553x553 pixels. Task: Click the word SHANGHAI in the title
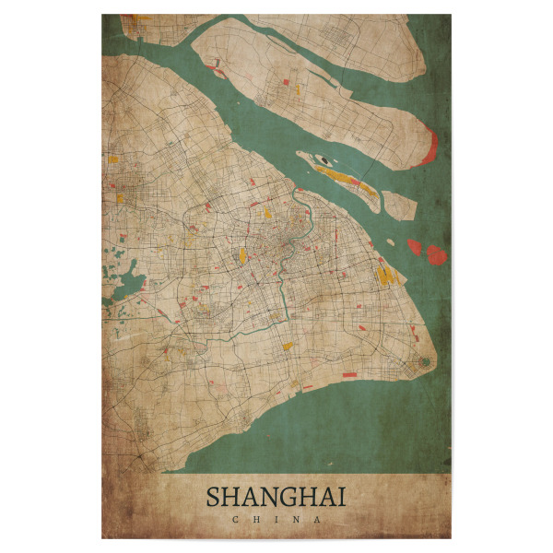(276, 498)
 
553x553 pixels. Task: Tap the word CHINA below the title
(276, 520)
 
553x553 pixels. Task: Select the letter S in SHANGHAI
(214, 498)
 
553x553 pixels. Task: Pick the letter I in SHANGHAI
(342, 498)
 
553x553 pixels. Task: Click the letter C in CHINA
(236, 520)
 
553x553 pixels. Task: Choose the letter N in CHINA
(297, 520)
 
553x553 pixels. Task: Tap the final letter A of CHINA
(318, 520)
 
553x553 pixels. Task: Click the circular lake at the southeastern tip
(424, 362)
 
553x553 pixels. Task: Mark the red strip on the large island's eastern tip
(429, 147)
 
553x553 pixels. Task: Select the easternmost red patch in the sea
(437, 254)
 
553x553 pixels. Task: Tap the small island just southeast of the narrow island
(398, 204)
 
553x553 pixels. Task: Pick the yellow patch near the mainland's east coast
(383, 274)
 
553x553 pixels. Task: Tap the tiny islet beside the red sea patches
(392, 242)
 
